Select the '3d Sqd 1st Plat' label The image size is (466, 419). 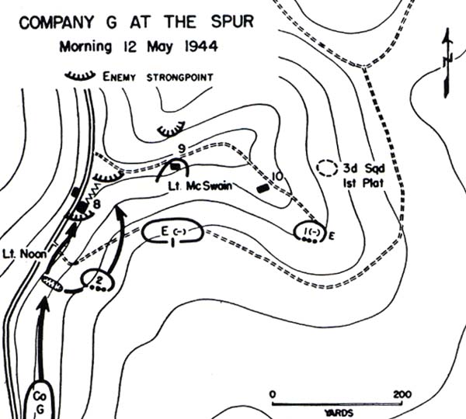click(x=361, y=175)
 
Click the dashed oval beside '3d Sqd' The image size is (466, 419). click(x=330, y=167)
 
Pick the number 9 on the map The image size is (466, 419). click(x=180, y=149)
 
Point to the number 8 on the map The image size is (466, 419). click(x=98, y=204)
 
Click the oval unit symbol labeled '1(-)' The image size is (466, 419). click(x=311, y=230)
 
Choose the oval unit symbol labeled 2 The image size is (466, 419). click(x=98, y=278)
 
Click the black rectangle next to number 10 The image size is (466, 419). click(x=263, y=187)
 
